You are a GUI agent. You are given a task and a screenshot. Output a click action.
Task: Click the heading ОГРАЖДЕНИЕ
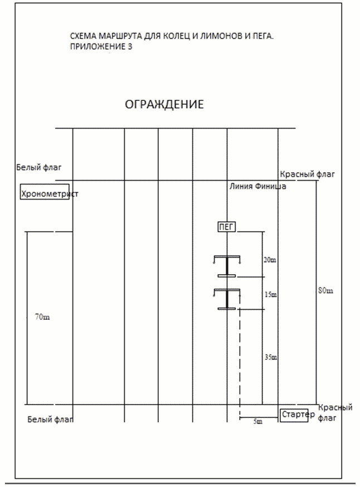164,104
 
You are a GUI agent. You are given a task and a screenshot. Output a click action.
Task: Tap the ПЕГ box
226,227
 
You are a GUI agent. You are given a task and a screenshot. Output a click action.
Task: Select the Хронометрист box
45,192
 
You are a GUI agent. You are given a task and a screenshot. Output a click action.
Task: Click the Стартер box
294,415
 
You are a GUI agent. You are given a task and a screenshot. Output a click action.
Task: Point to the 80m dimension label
325,291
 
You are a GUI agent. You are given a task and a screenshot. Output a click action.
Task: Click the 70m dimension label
42,317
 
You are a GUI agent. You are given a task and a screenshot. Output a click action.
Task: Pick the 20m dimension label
270,260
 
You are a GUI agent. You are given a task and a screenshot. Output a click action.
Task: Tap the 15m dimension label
270,294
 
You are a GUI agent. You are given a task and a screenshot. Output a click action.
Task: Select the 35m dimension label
271,357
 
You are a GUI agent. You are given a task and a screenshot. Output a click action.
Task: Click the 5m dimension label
258,421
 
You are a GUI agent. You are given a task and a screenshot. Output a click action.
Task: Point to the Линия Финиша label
258,186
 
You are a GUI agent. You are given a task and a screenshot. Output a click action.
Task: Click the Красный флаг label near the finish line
307,174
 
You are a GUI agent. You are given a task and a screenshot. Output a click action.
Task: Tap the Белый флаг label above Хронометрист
39,167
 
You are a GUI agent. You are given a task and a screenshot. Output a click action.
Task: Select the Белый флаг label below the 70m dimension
50,420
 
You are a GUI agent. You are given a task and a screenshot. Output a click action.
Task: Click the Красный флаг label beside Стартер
335,413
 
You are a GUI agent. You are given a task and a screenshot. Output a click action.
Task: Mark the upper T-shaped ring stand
227,266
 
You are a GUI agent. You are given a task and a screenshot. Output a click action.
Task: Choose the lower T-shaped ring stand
227,299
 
